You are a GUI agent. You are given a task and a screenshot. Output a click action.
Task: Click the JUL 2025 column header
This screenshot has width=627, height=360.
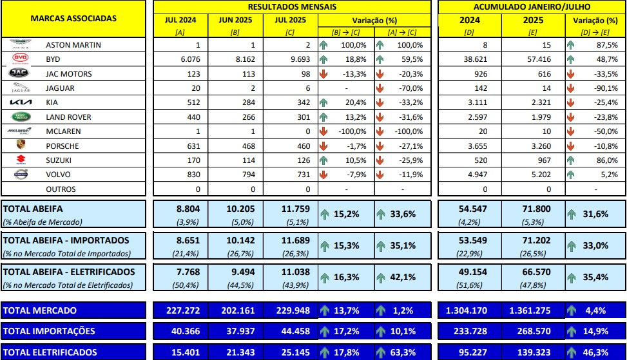[291, 20]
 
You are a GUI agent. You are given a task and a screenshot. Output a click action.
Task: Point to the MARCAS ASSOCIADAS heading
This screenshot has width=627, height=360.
[73, 18]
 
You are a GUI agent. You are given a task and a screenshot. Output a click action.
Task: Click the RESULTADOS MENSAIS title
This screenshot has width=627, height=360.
[291, 6]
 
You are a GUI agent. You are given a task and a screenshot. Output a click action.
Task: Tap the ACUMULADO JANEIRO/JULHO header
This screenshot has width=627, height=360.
[532, 6]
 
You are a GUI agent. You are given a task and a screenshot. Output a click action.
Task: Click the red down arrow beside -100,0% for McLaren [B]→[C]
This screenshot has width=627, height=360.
[324, 131]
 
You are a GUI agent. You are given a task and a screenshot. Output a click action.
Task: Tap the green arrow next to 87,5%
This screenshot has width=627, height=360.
[570, 45]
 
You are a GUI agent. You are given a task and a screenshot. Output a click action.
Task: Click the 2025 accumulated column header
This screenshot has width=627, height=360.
[532, 20]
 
